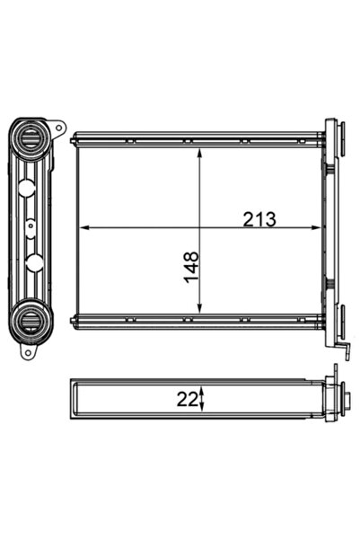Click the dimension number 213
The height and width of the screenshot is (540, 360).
click(x=258, y=218)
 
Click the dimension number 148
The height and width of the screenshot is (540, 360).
click(x=191, y=268)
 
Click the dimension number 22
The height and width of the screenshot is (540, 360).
click(x=188, y=399)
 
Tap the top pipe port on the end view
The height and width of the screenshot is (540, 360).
click(x=32, y=139)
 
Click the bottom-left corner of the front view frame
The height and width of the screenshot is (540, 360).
click(x=77, y=319)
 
